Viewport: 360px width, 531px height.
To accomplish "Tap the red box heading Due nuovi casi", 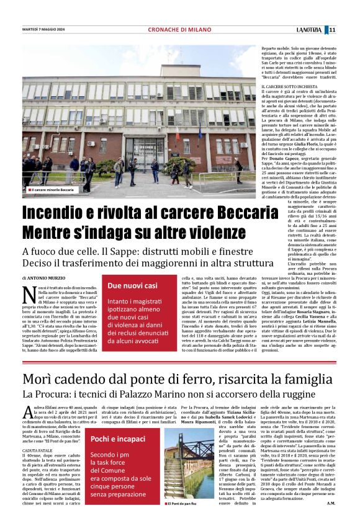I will point(133,286).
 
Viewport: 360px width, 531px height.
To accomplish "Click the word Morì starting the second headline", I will point(38,362).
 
